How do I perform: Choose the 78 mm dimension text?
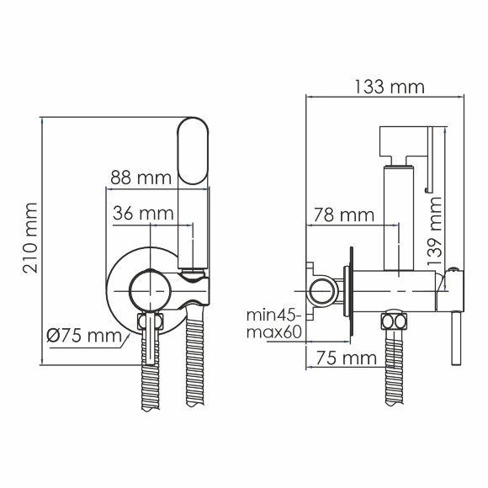(342, 215)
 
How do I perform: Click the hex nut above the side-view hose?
(393, 321)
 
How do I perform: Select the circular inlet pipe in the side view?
(321, 292)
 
